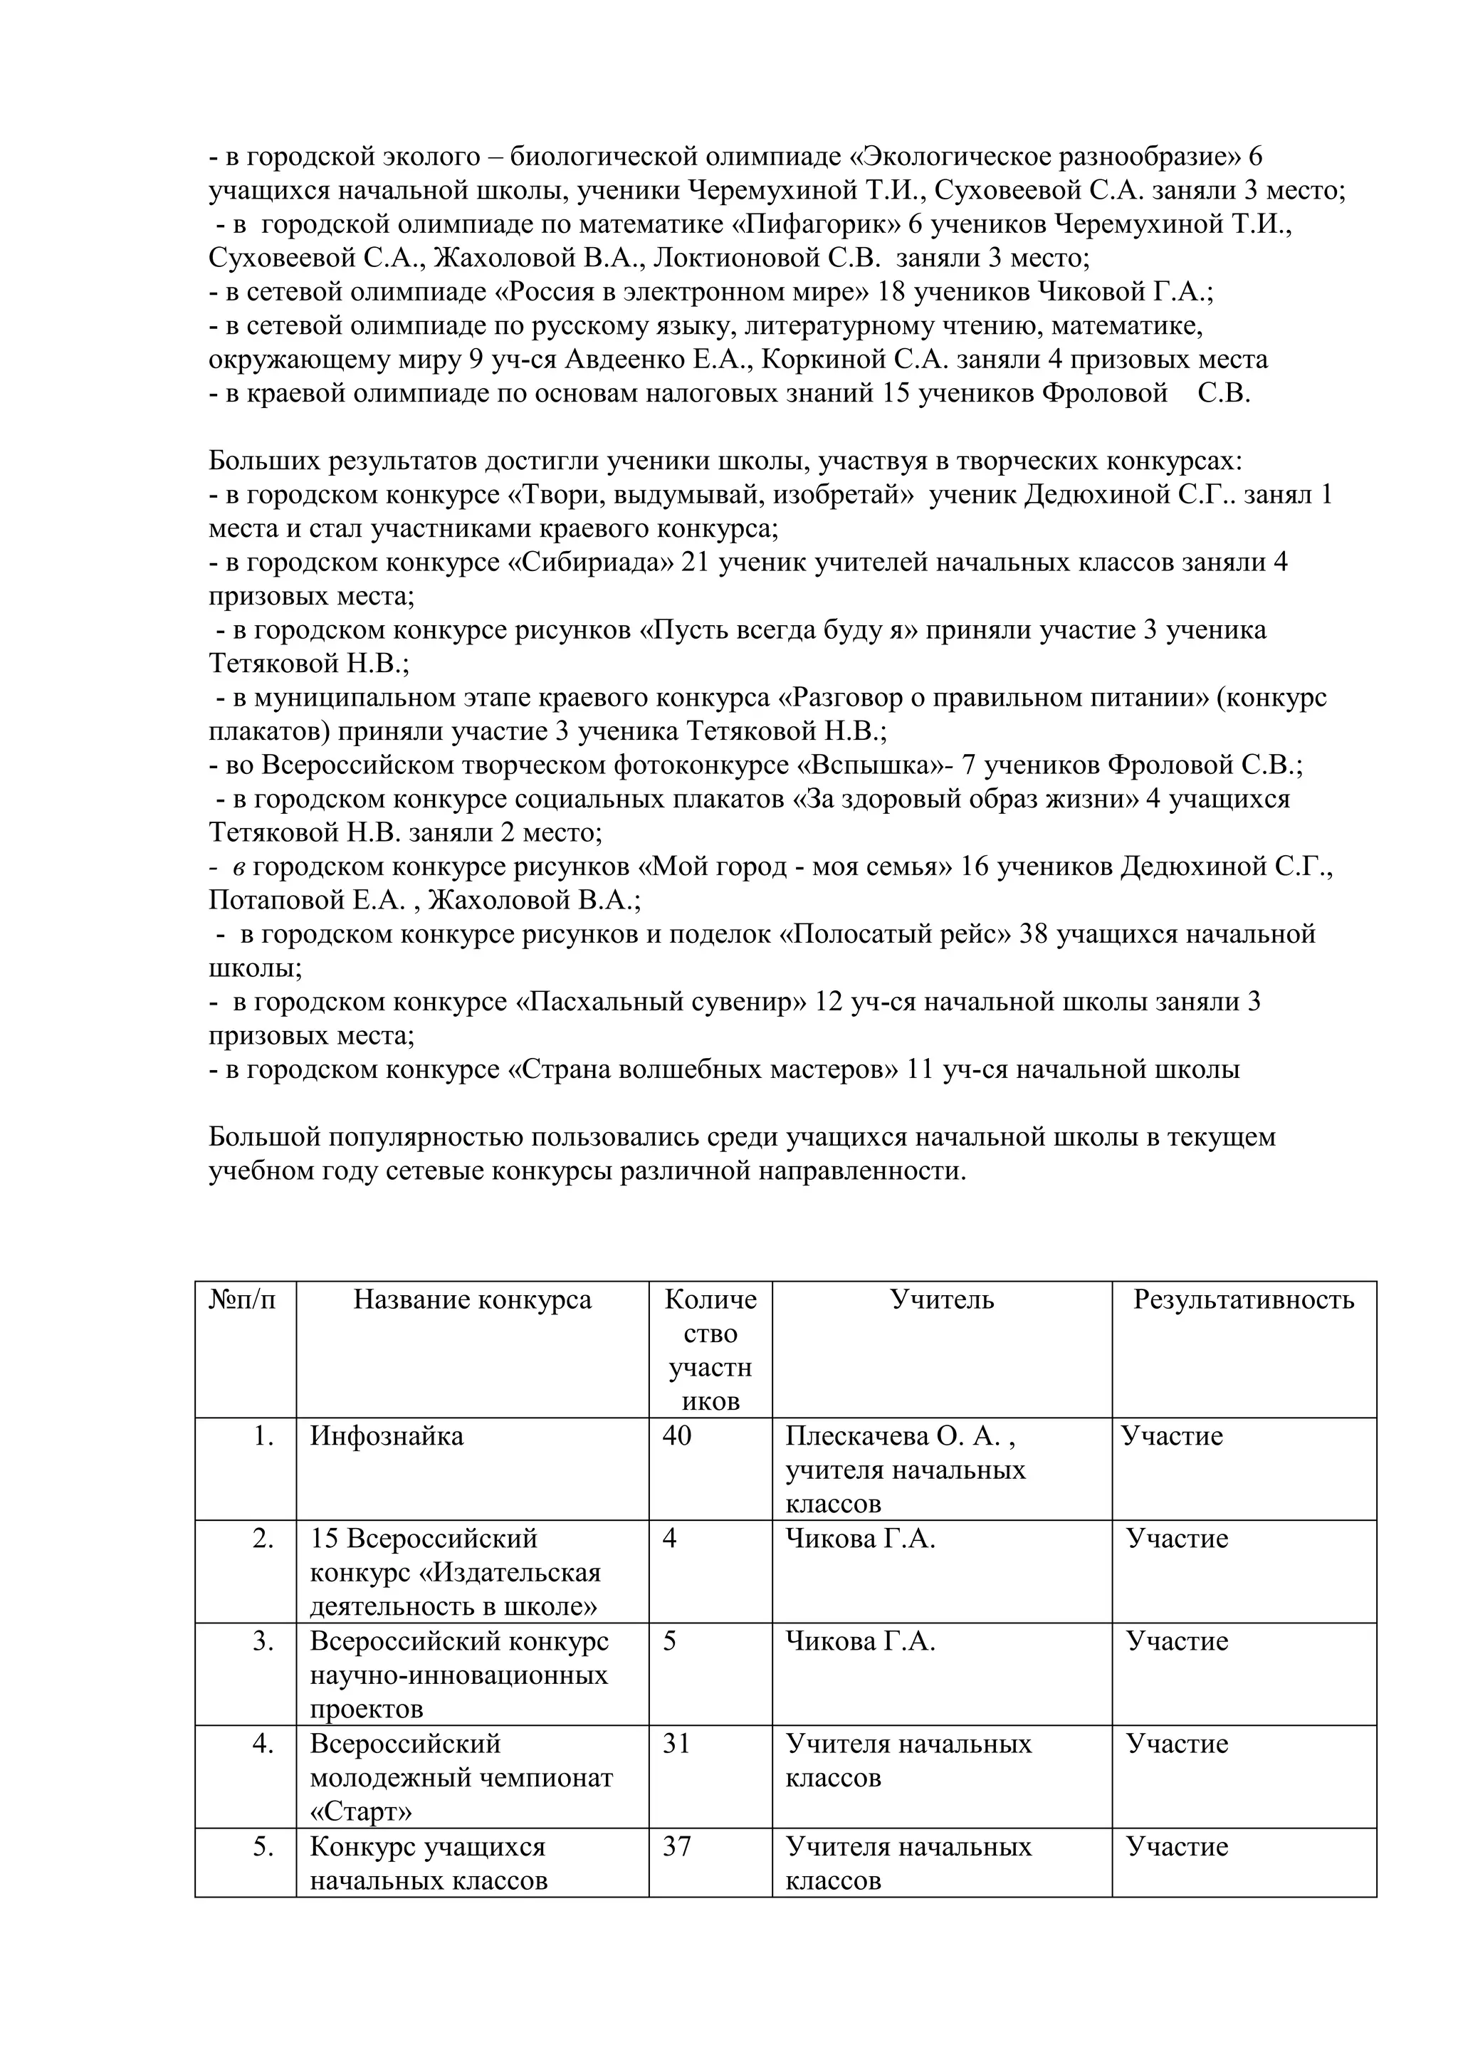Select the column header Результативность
tap(1244, 1299)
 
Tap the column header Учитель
tap(942, 1299)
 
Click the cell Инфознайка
tap(387, 1436)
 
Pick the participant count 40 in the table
tap(677, 1436)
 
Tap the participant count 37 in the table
tap(677, 1848)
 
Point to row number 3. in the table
tap(263, 1642)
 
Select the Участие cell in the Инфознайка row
tap(1172, 1436)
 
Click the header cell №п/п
tap(243, 1299)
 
